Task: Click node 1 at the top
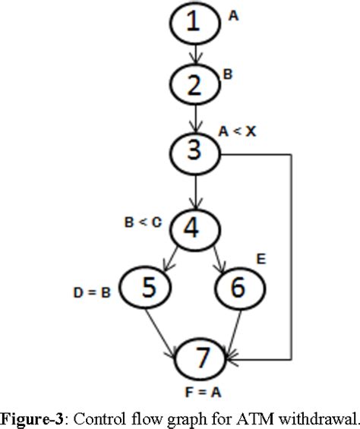point(197,25)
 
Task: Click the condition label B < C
point(142,222)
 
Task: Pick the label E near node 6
point(261,260)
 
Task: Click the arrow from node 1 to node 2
point(197,55)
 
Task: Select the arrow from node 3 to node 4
point(197,190)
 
